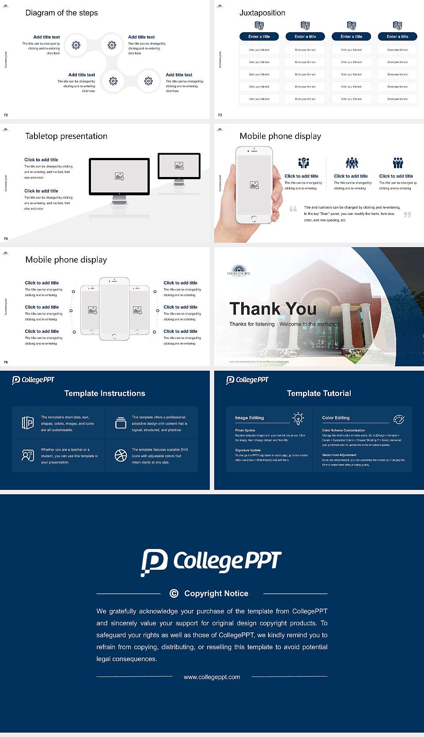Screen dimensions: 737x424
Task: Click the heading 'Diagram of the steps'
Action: (61, 13)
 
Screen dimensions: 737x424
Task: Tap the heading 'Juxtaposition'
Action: (262, 13)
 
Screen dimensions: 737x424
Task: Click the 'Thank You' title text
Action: (273, 309)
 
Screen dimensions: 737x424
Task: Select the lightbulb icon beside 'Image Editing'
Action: (298, 418)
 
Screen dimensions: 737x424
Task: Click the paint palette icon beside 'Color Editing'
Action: (398, 419)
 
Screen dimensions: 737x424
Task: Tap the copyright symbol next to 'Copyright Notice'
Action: (174, 594)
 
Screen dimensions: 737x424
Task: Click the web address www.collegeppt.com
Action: (212, 677)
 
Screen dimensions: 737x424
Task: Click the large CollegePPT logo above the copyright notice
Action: (211, 562)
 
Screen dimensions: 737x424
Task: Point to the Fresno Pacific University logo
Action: (238, 271)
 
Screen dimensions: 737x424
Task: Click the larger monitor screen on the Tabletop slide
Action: (119, 177)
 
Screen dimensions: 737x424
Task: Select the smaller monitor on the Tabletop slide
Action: (179, 166)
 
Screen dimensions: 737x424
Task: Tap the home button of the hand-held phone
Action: (254, 218)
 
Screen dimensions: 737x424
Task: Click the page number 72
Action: (6, 115)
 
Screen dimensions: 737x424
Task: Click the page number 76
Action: (6, 362)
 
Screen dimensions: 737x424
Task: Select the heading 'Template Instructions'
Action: (105, 393)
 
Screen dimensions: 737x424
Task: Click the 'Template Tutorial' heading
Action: (319, 393)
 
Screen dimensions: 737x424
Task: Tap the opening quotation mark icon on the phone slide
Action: (293, 209)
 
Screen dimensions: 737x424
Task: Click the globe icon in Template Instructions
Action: (121, 455)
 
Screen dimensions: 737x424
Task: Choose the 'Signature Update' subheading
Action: (248, 450)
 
